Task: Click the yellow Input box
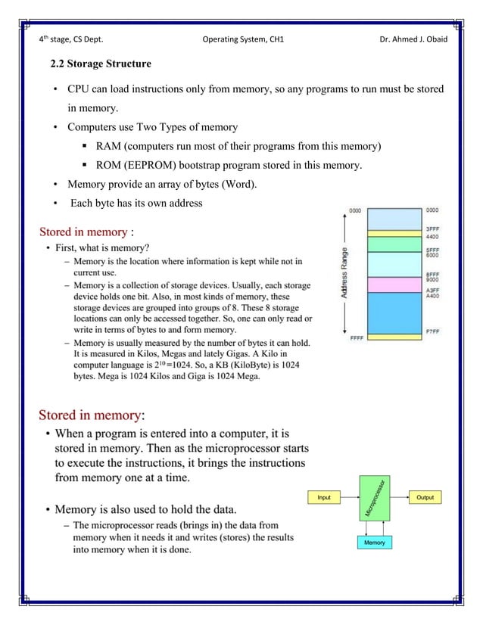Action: (324, 497)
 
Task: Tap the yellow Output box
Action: (425, 497)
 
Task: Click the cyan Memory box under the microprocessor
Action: (374, 543)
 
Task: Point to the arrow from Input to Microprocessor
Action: (349, 497)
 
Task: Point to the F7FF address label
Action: (432, 331)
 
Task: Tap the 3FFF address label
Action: (432, 228)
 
